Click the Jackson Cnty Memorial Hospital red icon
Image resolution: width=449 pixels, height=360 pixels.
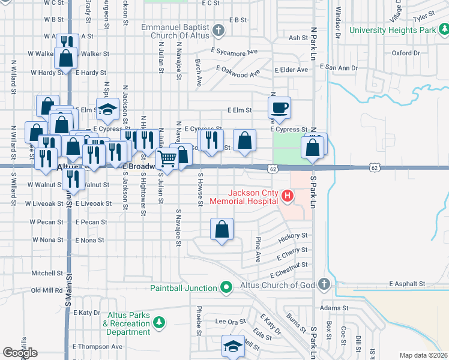(x=288, y=196)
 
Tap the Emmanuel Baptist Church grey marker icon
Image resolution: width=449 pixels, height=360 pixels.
(x=218, y=30)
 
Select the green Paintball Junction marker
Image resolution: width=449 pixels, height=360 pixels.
(x=226, y=288)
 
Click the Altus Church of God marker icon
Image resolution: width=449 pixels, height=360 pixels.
(x=324, y=284)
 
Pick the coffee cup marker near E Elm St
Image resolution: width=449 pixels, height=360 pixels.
(x=279, y=109)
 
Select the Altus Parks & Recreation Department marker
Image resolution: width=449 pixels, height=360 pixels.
(x=159, y=324)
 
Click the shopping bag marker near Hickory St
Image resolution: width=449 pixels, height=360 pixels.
(x=221, y=229)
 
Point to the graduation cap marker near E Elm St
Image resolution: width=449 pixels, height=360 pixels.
(x=108, y=110)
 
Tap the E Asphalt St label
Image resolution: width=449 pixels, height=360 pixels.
(x=407, y=283)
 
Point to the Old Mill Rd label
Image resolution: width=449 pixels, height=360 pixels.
(x=47, y=290)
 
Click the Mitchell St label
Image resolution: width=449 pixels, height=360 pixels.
(x=43, y=273)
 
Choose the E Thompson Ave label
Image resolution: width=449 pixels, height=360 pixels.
(x=97, y=346)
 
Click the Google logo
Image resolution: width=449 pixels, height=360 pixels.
(x=20, y=353)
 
